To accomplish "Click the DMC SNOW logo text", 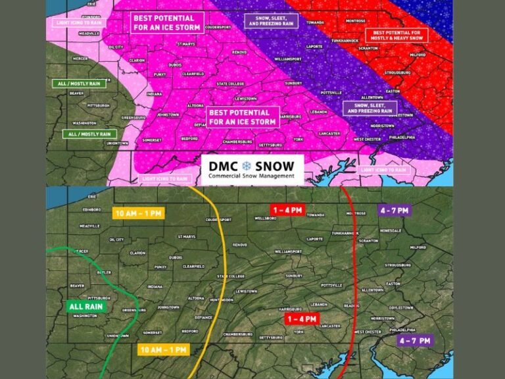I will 252,166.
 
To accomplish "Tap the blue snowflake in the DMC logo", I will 247,165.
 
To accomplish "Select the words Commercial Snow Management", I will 252,176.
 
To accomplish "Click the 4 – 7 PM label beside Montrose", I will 394,211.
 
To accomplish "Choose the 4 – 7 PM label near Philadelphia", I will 415,340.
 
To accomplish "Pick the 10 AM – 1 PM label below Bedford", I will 162,349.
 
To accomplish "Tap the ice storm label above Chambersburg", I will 243,117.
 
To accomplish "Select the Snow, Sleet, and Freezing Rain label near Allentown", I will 370,107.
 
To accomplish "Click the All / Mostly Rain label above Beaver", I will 72,84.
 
